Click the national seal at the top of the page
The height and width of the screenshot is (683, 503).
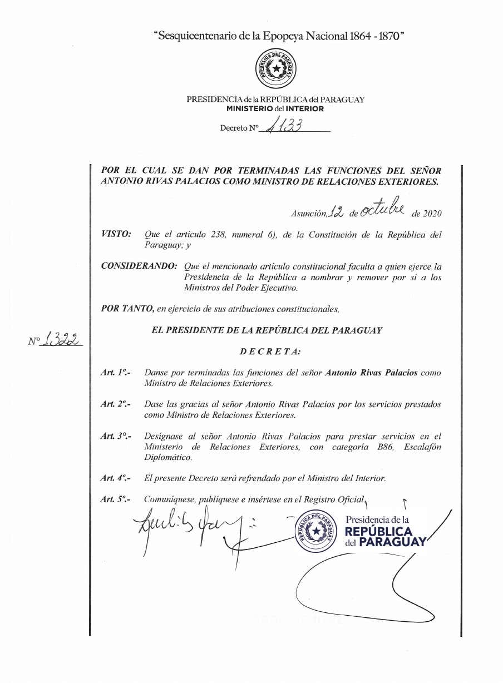(275, 69)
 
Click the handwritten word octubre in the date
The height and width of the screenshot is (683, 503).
(381, 209)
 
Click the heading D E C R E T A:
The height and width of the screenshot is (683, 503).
(270, 352)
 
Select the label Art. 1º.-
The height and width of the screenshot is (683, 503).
(116, 373)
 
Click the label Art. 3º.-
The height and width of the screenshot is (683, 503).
(116, 437)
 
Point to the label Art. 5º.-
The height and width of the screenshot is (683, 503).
(116, 499)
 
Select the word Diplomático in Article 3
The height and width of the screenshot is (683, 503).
(168, 458)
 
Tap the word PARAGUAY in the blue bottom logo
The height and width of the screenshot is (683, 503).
(392, 542)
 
